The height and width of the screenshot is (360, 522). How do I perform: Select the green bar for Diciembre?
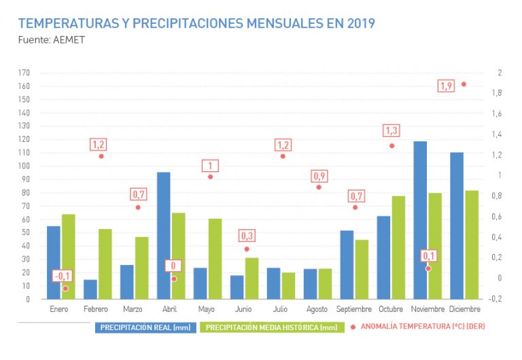click(472, 245)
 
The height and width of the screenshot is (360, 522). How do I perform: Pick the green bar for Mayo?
click(215, 259)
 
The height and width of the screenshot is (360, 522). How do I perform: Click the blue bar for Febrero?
click(90, 289)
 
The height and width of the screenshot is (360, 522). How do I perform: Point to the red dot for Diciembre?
click(464, 84)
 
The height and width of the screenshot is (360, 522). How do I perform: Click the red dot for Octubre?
click(391, 146)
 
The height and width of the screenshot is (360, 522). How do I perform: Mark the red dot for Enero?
click(65, 289)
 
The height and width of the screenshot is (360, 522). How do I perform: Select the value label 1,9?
click(446, 86)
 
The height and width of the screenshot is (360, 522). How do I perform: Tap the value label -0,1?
click(62, 276)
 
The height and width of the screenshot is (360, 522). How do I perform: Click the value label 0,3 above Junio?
click(246, 236)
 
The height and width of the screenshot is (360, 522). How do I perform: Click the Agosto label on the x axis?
click(317, 309)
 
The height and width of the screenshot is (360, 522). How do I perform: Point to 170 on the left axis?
click(24, 73)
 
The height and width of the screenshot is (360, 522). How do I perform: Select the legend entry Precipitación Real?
click(145, 327)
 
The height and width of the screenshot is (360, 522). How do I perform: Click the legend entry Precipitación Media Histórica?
click(271, 327)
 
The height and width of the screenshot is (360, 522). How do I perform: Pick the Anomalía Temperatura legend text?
click(422, 327)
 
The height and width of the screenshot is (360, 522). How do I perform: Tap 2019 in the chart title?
click(360, 24)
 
